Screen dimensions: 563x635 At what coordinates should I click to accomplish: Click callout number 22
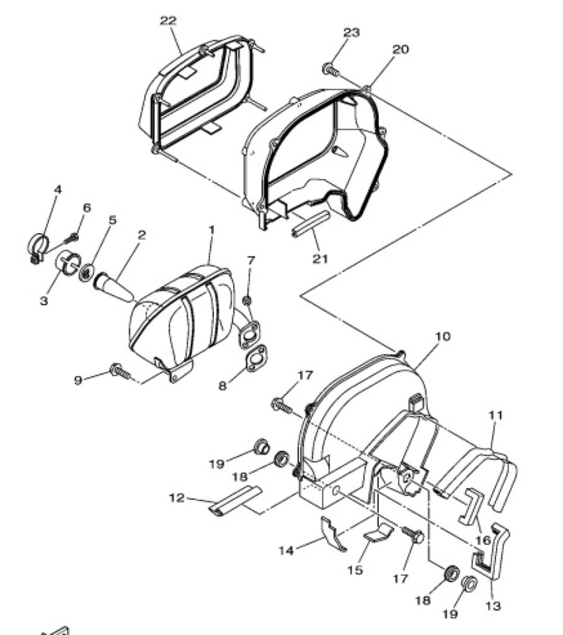[x=169, y=20]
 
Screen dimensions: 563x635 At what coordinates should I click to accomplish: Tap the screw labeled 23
[x=330, y=69]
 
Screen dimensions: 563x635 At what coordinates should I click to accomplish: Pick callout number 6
[x=87, y=208]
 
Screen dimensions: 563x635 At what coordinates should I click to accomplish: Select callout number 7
[x=251, y=260]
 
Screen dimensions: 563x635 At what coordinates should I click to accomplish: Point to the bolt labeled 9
[x=120, y=371]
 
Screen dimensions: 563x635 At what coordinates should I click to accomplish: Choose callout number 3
[x=43, y=301]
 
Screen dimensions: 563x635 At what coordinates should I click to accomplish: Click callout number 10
[x=443, y=337]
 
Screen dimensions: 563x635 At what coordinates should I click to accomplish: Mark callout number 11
[x=495, y=415]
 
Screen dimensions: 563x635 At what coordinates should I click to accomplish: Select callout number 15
[x=355, y=571]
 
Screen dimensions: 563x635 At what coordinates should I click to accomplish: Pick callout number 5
[x=112, y=220]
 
